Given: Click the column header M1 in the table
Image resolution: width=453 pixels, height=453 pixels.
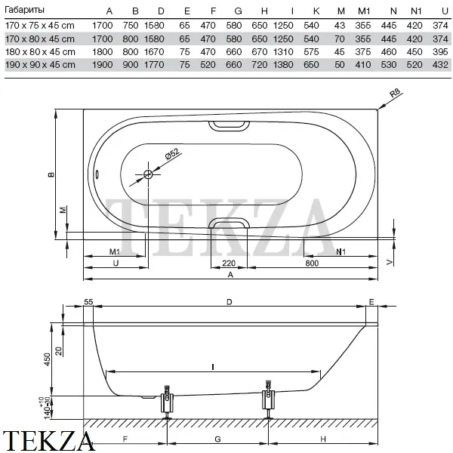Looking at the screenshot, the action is pyautogui.click(x=364, y=11).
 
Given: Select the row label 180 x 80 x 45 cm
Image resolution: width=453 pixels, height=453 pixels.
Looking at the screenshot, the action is pyautogui.click(x=40, y=52).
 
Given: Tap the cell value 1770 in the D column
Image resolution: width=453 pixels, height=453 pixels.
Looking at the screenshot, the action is pyautogui.click(x=154, y=65).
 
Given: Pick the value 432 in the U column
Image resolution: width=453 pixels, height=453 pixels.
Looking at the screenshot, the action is pyautogui.click(x=440, y=65).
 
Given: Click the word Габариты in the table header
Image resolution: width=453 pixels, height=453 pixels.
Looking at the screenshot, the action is pyautogui.click(x=25, y=10).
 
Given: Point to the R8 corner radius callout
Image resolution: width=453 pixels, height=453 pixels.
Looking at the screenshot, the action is pyautogui.click(x=395, y=93).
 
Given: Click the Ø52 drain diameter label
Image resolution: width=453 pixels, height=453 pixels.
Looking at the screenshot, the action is pyautogui.click(x=172, y=154).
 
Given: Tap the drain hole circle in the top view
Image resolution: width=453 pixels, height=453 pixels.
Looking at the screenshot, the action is pyautogui.click(x=148, y=174).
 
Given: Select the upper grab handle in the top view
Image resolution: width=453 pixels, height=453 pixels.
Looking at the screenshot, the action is pyautogui.click(x=229, y=125).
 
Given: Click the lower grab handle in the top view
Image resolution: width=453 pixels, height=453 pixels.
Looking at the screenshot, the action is pyautogui.click(x=229, y=223).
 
